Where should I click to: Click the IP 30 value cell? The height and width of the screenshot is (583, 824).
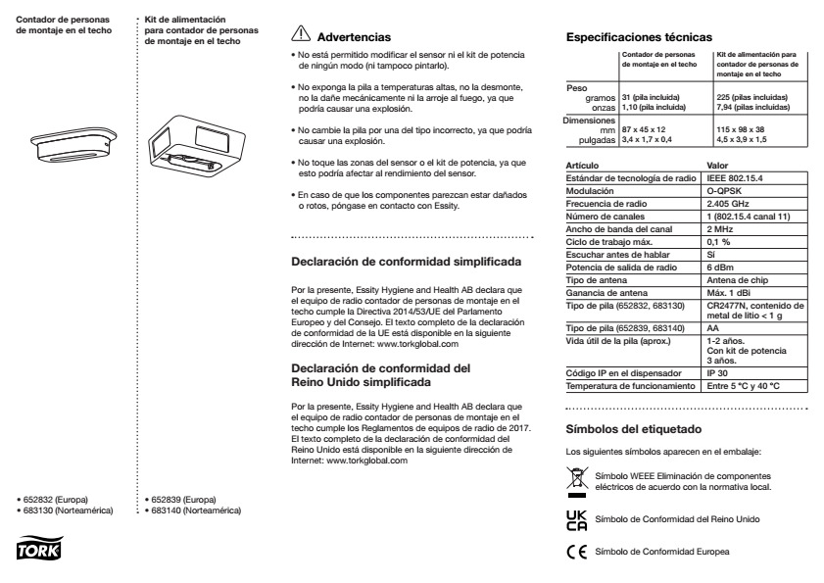[721, 374]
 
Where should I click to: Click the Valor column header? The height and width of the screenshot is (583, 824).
[717, 165]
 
